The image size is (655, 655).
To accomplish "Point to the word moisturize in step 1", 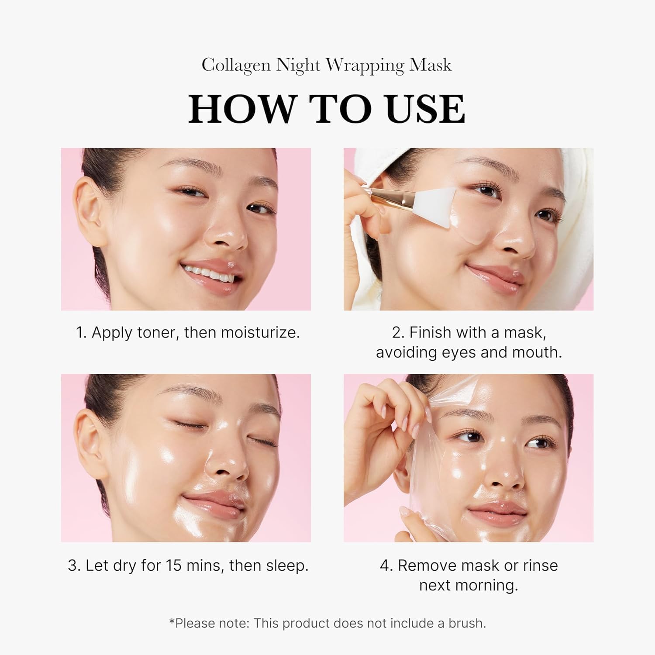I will click(260, 333).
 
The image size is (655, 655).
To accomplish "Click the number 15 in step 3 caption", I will click(174, 565).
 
